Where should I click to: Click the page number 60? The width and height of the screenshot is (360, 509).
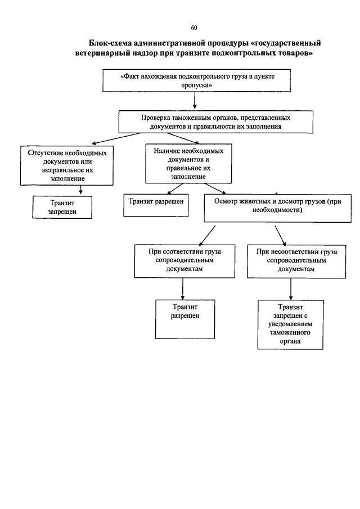[194, 28]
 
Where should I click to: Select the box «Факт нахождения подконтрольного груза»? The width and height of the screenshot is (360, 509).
[197, 80]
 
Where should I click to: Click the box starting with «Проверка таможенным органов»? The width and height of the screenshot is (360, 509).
[216, 121]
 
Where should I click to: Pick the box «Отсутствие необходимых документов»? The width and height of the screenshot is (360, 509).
[67, 165]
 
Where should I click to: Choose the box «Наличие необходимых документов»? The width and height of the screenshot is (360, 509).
[188, 164]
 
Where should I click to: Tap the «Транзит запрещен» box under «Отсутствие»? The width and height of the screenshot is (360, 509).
[62, 207]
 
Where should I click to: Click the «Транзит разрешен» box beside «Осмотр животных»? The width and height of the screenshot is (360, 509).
[156, 205]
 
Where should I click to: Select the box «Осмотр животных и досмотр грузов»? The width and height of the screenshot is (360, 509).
[277, 208]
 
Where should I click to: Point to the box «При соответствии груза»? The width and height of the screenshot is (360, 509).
[184, 262]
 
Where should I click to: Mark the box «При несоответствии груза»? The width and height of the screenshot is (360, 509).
[296, 262]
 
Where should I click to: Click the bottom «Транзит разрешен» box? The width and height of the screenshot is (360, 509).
[185, 319]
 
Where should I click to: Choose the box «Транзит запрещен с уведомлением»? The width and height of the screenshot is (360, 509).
[290, 325]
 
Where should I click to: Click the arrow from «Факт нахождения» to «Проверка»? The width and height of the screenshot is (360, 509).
[195, 100]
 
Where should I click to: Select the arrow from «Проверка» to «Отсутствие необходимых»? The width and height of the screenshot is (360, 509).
[116, 138]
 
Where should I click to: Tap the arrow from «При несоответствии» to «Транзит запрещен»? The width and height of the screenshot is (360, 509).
[291, 289]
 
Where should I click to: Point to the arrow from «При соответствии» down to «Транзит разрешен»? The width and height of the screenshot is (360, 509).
[183, 289]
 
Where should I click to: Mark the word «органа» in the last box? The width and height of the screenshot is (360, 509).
[290, 341]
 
